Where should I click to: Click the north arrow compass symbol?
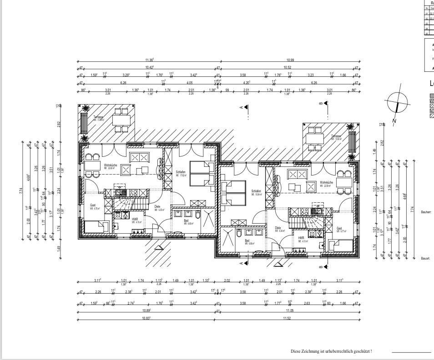click(x=398, y=102)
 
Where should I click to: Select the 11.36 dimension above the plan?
click(x=150, y=60)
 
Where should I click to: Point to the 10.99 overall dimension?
click(x=290, y=60)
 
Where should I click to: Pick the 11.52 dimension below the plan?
click(x=287, y=318)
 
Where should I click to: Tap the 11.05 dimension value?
click(x=290, y=311)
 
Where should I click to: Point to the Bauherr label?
click(x=426, y=212)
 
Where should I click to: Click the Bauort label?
click(x=425, y=258)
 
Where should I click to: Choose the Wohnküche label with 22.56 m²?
click(x=326, y=183)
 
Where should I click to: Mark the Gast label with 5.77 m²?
click(x=339, y=229)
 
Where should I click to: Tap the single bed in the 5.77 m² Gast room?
click(x=342, y=246)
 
